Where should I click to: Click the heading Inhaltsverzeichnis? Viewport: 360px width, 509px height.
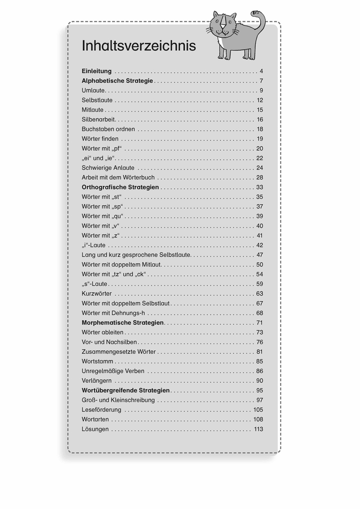(x=139, y=46)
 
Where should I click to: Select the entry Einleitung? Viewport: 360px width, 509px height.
(x=96, y=71)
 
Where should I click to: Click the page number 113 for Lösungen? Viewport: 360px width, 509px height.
(x=258, y=429)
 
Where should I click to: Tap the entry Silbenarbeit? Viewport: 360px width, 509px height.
(x=98, y=119)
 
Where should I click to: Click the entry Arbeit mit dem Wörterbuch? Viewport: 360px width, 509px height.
(x=118, y=177)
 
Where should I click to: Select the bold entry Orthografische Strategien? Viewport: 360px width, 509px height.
(x=120, y=187)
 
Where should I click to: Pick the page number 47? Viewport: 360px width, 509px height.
(x=259, y=254)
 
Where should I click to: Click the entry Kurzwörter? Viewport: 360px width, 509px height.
(x=96, y=293)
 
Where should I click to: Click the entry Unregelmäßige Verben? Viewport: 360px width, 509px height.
(x=113, y=371)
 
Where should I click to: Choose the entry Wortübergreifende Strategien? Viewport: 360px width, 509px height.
(x=126, y=390)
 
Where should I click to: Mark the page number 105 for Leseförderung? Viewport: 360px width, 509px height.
(x=258, y=410)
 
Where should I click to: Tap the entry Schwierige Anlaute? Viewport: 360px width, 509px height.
(x=108, y=167)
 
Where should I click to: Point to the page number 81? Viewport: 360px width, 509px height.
(x=259, y=351)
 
